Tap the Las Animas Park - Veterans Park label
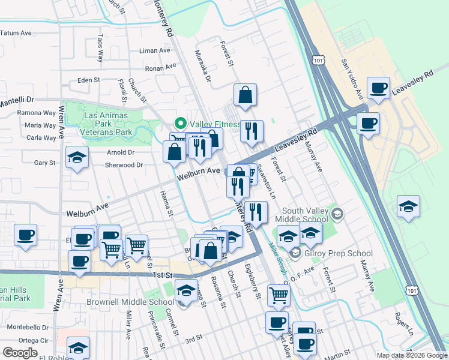[x=107, y=123]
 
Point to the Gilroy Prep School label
[x=338, y=254]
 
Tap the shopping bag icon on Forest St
[x=246, y=95]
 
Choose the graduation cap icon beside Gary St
[x=77, y=158]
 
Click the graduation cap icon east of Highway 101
[x=408, y=207]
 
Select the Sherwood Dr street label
[x=124, y=165]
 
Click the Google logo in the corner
[x=19, y=353]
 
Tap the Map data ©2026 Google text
[x=411, y=355]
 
